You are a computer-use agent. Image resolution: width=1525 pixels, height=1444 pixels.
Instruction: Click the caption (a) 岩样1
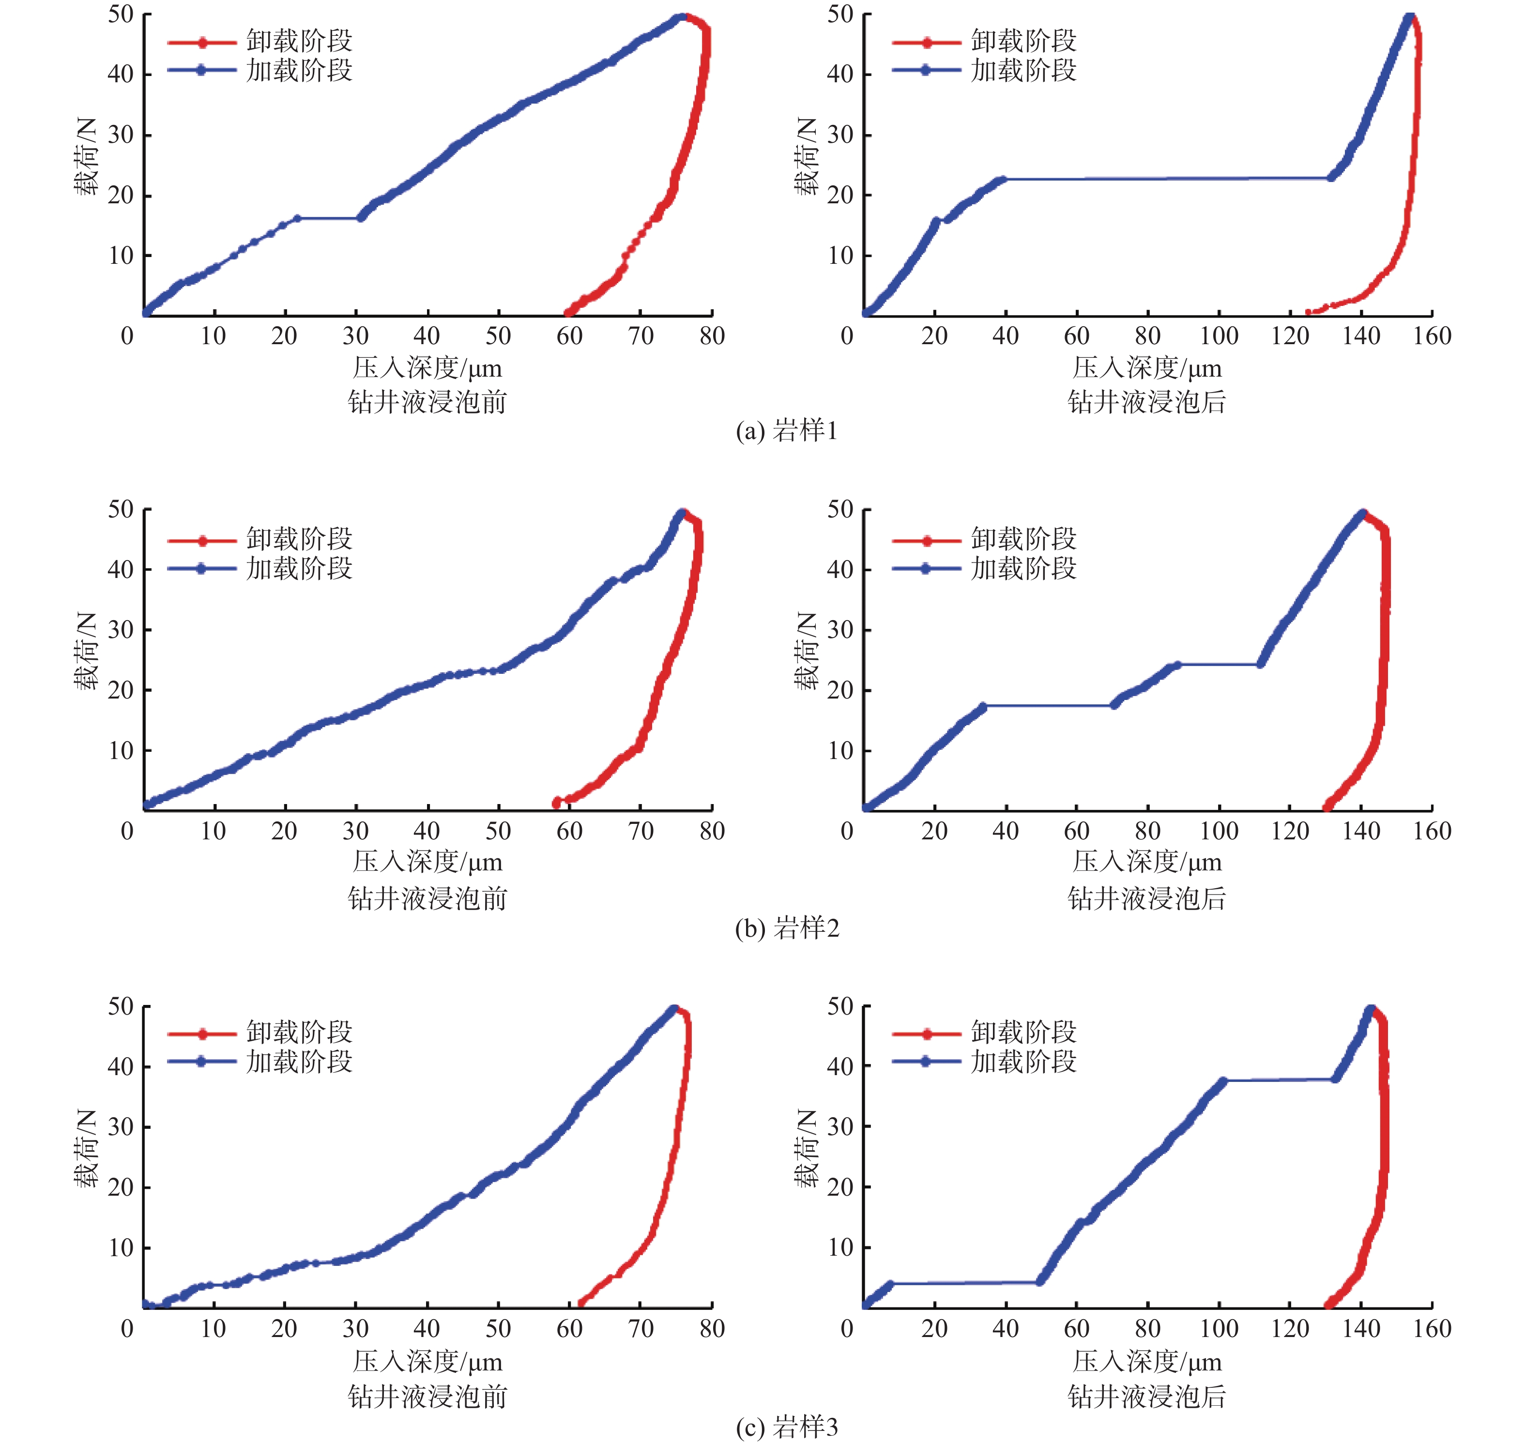[x=786, y=430]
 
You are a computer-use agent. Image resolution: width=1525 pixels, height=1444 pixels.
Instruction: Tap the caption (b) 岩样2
[x=786, y=927]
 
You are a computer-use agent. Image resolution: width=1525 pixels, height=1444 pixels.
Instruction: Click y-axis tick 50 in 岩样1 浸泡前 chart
[x=121, y=14]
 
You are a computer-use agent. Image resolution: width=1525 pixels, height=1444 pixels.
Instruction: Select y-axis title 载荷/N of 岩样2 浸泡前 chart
[x=86, y=651]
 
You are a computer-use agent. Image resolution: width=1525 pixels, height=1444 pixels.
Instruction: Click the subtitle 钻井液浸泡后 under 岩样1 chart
[x=1146, y=401]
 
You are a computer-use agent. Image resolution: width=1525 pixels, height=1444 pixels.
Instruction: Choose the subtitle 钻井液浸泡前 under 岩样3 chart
[x=427, y=1396]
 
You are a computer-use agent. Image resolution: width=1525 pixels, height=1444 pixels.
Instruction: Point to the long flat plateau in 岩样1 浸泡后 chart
[x=1166, y=179]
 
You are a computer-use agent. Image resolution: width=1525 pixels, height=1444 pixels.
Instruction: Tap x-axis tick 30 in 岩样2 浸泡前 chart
[x=356, y=831]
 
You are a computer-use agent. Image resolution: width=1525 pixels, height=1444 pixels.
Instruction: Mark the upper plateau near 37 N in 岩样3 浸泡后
[x=1278, y=1080]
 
